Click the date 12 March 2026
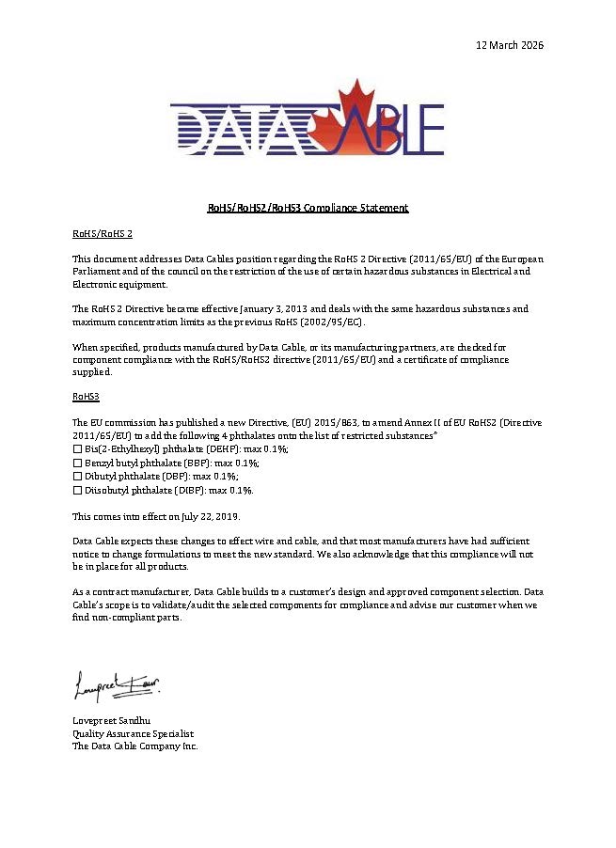(510, 44)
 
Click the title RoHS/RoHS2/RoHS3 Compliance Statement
(308, 208)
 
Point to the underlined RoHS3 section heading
(86, 398)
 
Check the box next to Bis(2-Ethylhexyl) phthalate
(77, 450)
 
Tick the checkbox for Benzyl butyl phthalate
(77, 463)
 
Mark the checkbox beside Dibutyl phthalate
(77, 477)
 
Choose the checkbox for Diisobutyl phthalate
(77, 490)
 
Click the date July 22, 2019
(211, 516)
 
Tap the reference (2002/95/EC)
(337, 322)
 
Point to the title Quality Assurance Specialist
(133, 733)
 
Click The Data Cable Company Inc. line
(135, 746)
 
